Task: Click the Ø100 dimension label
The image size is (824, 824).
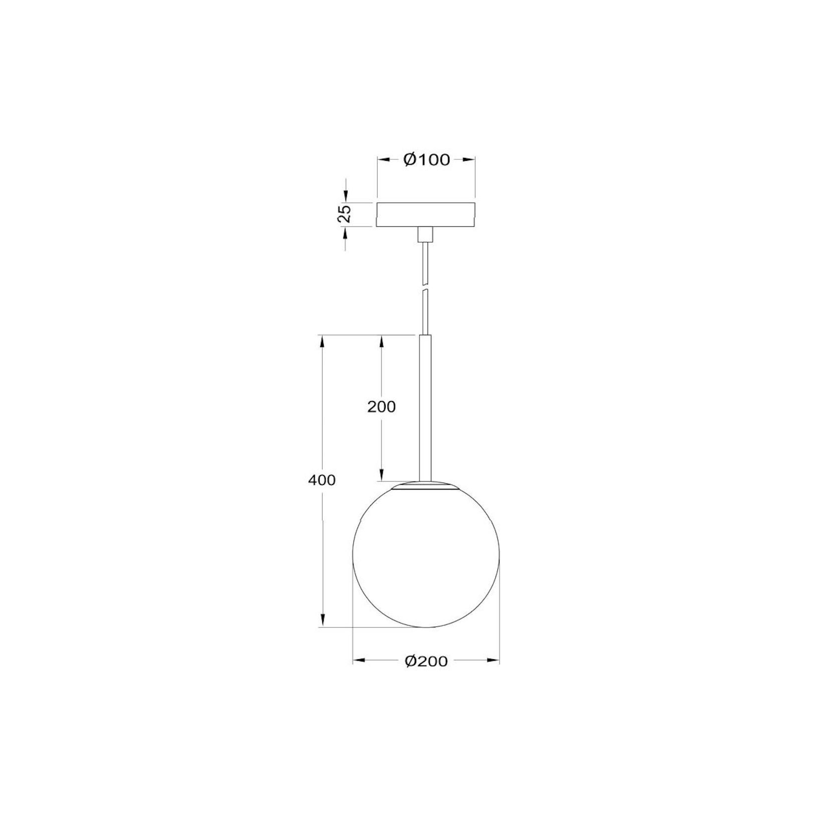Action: [426, 159]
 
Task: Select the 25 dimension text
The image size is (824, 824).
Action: [344, 213]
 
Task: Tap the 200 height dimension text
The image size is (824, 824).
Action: [381, 407]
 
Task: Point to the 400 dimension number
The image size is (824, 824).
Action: [322, 480]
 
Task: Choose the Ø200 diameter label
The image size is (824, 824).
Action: [426, 661]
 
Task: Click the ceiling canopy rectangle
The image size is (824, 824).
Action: [426, 215]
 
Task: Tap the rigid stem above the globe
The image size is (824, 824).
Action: [425, 408]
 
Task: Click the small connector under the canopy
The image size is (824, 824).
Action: [425, 234]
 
